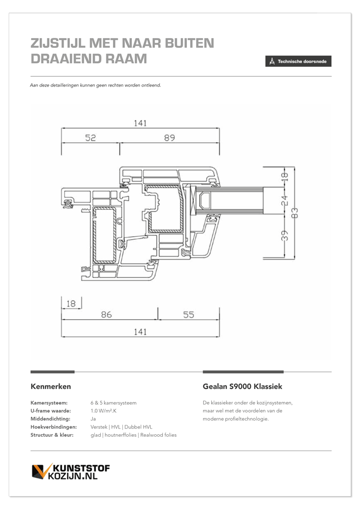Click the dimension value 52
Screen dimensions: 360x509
coord(91,138)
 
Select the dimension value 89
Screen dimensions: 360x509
coord(170,138)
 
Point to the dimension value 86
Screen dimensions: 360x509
coord(106,315)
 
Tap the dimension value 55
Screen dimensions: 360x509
coord(188,315)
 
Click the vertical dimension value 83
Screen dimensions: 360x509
coord(294,213)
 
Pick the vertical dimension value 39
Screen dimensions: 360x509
coord(284,236)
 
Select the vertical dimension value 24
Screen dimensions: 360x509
coord(284,200)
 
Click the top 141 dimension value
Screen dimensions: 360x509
coord(140,123)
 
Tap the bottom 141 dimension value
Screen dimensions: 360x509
coord(140,332)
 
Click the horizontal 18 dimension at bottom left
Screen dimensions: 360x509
coord(71,303)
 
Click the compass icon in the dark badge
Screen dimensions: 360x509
coord(272,62)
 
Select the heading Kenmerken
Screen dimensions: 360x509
coord(50,386)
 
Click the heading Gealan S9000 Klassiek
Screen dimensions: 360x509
coord(242,386)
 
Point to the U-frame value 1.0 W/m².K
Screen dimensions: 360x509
coord(103,411)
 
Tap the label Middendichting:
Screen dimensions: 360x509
coord(50,419)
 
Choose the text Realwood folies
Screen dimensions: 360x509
coord(158,435)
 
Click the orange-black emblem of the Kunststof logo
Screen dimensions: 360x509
coord(42,471)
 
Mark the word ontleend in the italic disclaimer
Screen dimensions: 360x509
coord(151,86)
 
